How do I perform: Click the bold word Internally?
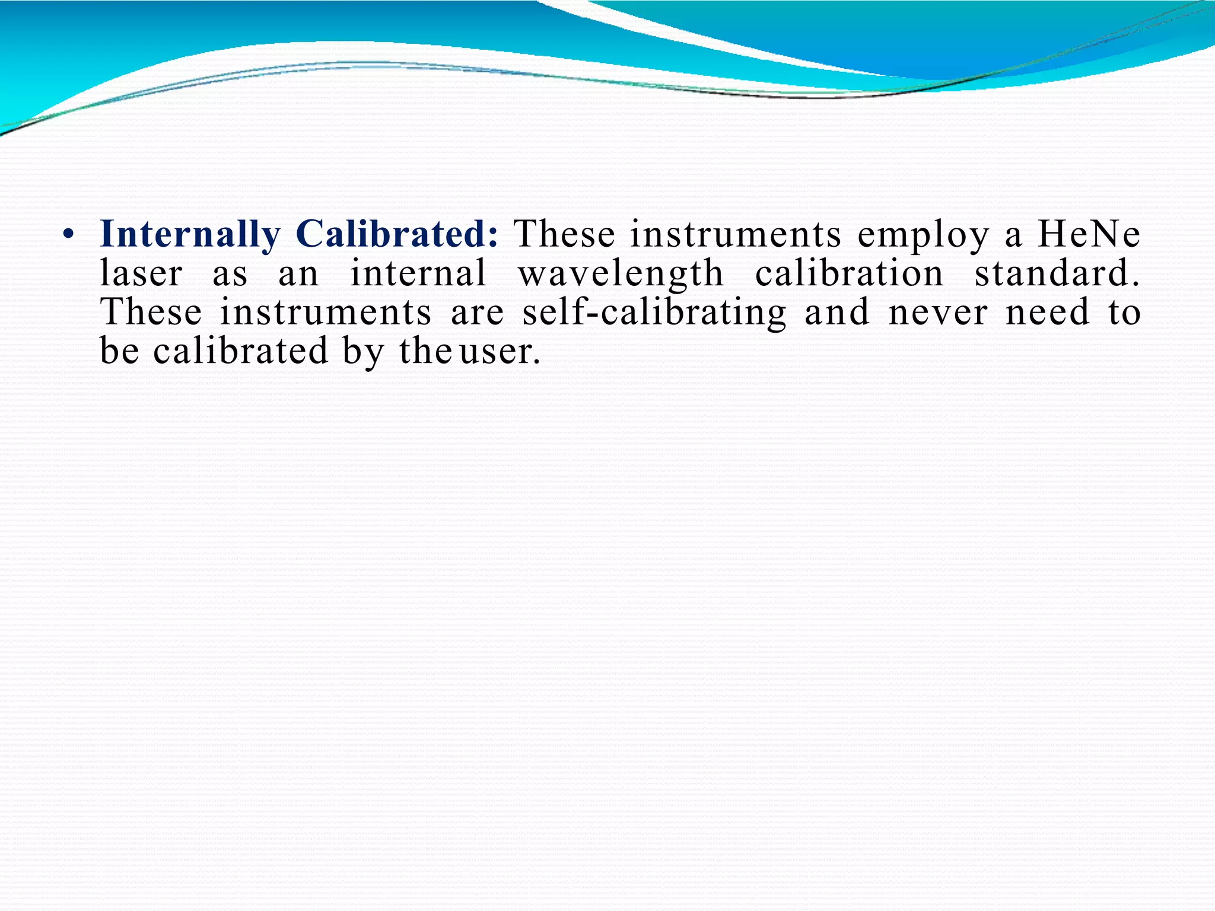(190, 235)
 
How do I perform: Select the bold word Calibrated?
(397, 234)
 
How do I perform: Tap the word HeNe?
(1089, 234)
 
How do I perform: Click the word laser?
(141, 273)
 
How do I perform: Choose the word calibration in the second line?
(849, 273)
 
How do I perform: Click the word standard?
(1057, 273)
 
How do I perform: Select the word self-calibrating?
(654, 313)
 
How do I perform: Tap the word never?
(938, 313)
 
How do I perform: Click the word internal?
(418, 273)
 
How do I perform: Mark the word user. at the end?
(500, 352)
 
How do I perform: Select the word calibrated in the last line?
(240, 351)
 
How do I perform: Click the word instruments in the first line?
(736, 234)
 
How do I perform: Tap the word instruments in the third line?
(326, 313)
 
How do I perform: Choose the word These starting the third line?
(151, 313)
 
